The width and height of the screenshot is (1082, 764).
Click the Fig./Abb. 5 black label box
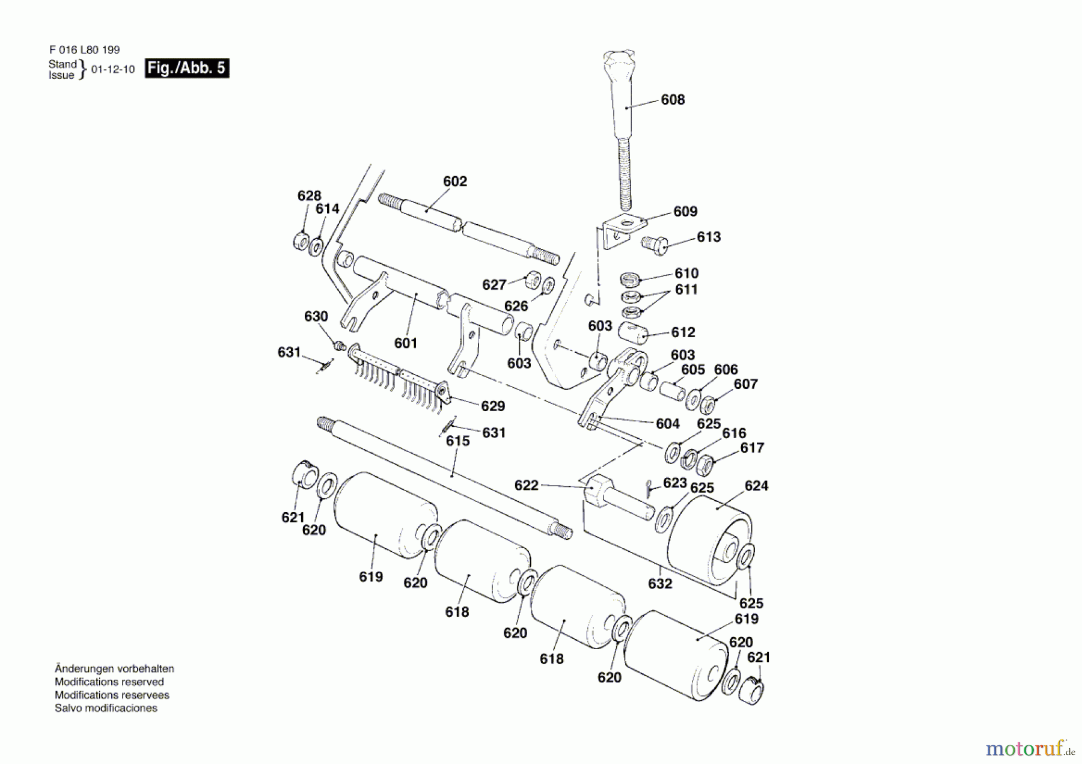tap(187, 68)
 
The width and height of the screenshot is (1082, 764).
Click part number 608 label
tap(673, 100)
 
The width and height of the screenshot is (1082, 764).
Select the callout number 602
tap(454, 182)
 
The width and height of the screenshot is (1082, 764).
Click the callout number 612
tap(683, 332)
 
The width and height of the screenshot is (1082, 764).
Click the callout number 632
tap(659, 584)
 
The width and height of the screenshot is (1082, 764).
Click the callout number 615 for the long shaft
tap(457, 441)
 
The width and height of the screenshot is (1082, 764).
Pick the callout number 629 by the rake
tap(492, 406)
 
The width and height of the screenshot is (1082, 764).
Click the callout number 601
tap(406, 343)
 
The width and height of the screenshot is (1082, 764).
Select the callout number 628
tap(309, 196)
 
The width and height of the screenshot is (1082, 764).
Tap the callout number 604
tap(667, 424)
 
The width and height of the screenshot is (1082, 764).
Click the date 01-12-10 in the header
tap(113, 70)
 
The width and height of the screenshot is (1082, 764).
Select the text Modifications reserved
tap(109, 682)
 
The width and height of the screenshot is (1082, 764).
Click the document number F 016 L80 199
tap(84, 50)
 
